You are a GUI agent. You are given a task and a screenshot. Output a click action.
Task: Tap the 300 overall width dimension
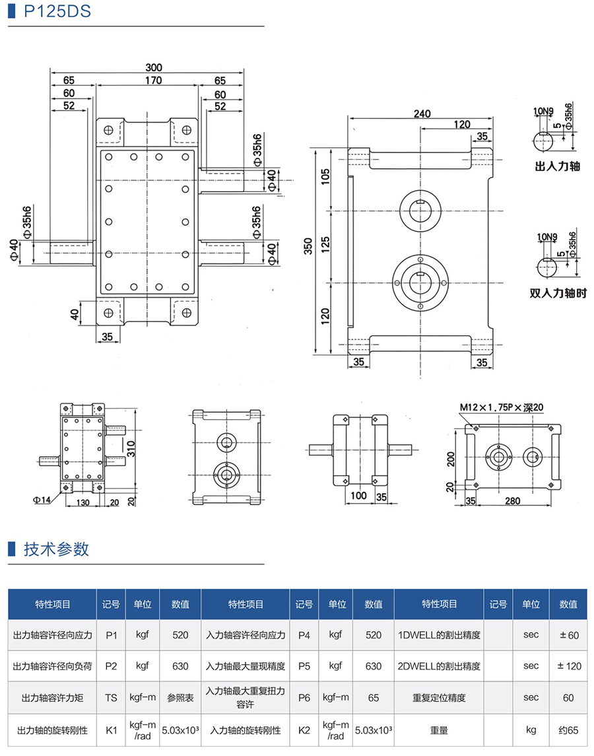point(154,67)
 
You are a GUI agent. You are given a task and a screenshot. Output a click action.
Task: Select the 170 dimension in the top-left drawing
point(153,81)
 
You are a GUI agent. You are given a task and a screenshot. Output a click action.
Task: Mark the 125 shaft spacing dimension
point(325,246)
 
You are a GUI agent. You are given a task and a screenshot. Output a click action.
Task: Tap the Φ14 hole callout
point(42,500)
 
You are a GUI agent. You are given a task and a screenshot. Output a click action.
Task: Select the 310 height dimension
point(132,449)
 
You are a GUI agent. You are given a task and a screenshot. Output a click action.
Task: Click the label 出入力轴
point(557,167)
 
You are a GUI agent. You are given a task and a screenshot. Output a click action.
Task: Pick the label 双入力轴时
point(558,293)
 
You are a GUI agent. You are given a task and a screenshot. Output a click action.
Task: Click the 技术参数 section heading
point(56,549)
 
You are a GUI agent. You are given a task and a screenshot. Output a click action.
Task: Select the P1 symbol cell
point(111,635)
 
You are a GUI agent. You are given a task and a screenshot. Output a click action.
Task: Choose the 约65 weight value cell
point(568,730)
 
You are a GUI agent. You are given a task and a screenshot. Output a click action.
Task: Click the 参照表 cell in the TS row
point(180,697)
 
